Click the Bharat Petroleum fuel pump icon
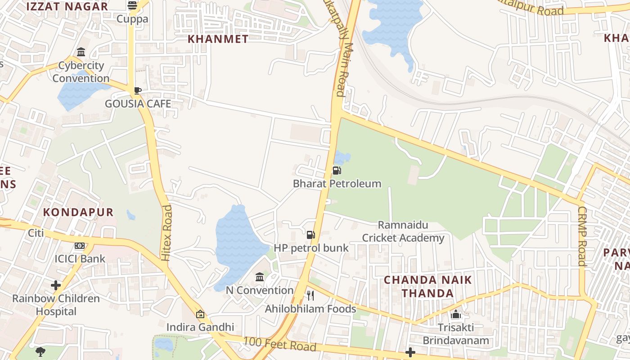337,170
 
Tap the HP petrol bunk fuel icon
310,234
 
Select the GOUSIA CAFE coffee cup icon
138,91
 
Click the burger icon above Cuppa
132,5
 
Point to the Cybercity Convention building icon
81,52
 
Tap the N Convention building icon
260,277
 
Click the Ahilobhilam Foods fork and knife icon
310,295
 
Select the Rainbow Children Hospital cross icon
56,285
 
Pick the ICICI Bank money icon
80,246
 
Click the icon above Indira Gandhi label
200,314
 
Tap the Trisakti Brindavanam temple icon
456,314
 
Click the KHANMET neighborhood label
218,39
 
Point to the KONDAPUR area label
78,212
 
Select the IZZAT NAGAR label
67,7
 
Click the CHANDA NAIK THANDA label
428,287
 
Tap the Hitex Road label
166,233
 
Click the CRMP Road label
582,236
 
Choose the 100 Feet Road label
280,344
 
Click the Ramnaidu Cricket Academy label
403,231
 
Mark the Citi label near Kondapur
36,233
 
